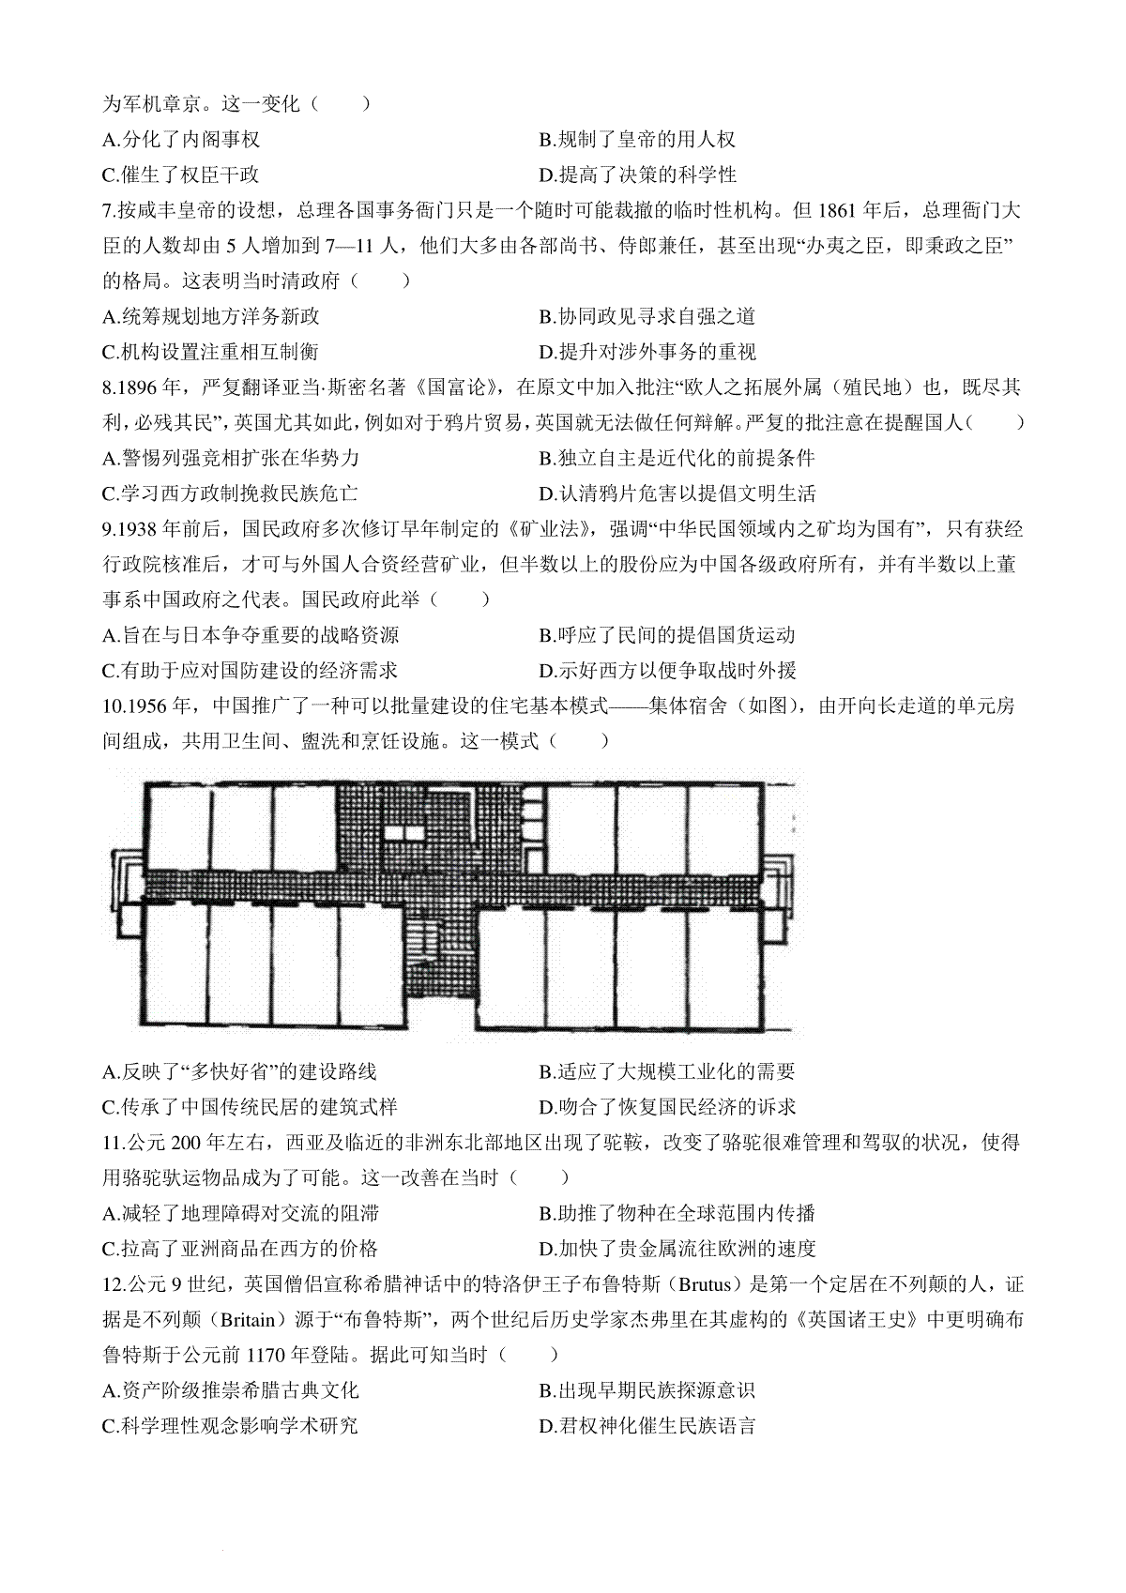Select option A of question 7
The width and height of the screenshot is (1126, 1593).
211,316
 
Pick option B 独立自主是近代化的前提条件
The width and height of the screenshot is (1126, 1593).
677,459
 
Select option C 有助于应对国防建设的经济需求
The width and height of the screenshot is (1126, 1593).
251,671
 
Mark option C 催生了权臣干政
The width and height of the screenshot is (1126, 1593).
181,174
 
